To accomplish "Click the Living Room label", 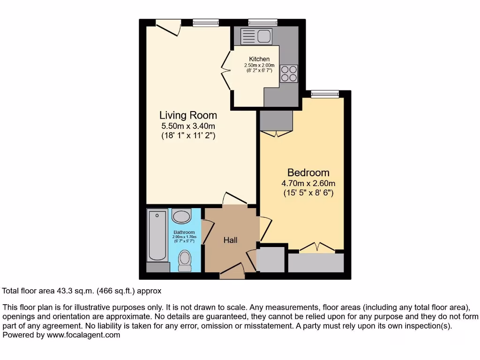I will click(188, 115).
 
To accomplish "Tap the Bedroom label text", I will click(308, 172).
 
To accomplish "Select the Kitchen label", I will click(259, 59).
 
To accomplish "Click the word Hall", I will click(230, 240).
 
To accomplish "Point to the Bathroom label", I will click(184, 232).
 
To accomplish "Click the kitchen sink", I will click(256, 36).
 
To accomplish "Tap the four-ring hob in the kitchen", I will click(289, 74).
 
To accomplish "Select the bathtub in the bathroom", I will click(157, 236).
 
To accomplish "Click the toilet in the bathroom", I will click(185, 260).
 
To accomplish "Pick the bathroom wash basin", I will click(181, 216).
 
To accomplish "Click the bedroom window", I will click(325, 94).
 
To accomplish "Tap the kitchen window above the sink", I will click(262, 22).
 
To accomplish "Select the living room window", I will click(206, 22).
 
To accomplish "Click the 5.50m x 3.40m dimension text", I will click(188, 126).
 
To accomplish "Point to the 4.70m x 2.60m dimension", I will click(308, 183).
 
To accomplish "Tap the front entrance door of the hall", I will click(232, 271).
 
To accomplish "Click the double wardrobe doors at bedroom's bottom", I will click(317, 247).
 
